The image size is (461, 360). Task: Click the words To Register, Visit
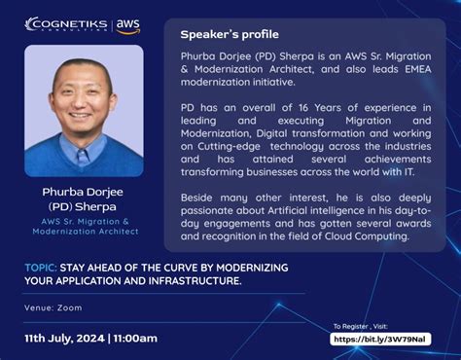pos(360,326)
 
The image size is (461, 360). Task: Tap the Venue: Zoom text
pos(53,306)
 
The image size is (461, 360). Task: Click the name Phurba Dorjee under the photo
pos(84,193)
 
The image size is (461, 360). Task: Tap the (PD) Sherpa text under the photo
pos(84,207)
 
